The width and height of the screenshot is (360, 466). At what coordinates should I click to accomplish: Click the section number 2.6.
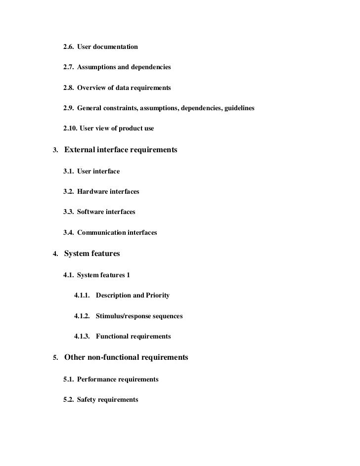point(68,47)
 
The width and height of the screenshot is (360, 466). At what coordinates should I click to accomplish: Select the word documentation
point(117,47)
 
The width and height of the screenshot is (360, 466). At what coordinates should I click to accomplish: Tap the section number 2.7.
point(68,67)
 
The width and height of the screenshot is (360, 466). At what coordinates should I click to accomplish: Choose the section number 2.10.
point(70,128)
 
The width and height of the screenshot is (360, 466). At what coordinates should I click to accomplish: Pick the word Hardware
point(94,191)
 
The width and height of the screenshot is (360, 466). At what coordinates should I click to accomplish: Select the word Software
point(92,212)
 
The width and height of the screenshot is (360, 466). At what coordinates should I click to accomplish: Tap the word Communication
point(101,232)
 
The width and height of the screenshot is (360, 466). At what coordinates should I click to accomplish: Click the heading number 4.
point(55,254)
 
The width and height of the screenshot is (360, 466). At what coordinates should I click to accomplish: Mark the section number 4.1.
point(68,275)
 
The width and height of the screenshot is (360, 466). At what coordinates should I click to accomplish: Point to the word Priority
point(158,296)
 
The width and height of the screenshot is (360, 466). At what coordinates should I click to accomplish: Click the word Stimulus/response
point(123,316)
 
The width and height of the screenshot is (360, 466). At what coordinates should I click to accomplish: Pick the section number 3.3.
point(68,212)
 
